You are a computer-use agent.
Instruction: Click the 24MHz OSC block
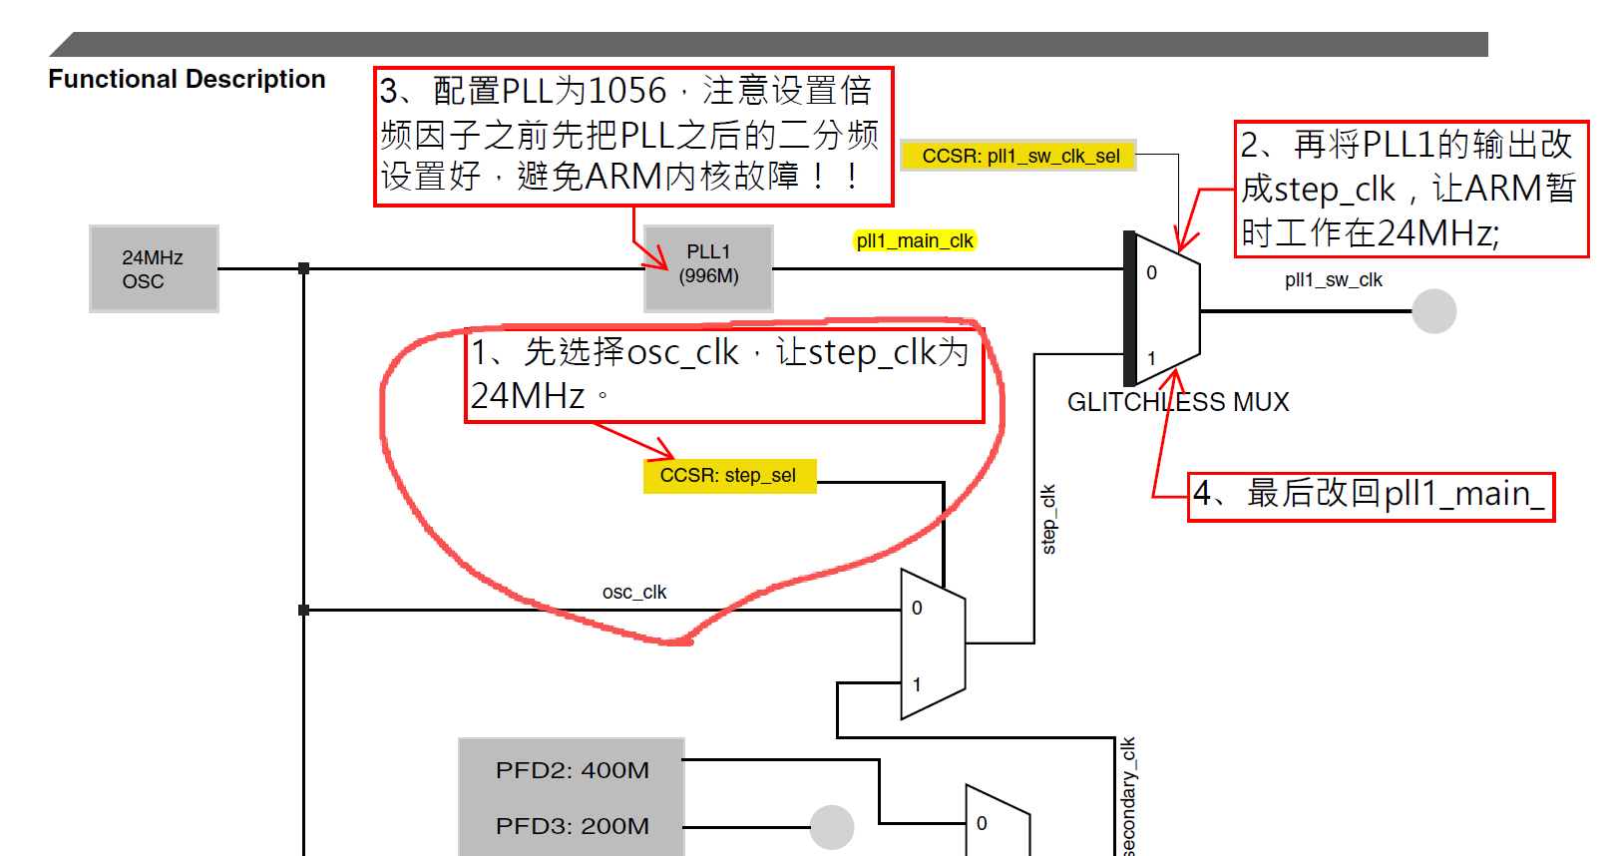click(x=154, y=269)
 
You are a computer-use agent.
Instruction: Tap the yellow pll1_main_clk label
click(x=915, y=240)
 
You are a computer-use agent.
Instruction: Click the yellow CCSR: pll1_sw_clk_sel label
click(x=1019, y=156)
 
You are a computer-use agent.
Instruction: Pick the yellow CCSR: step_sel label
click(x=729, y=476)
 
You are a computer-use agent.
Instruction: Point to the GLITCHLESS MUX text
click(x=1178, y=402)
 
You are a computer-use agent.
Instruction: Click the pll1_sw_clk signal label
click(x=1333, y=280)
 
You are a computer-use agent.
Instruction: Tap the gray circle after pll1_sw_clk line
click(x=1433, y=311)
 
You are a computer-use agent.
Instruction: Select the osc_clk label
click(x=634, y=592)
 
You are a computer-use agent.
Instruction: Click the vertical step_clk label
click(x=1048, y=519)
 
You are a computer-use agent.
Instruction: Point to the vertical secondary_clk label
click(x=1128, y=796)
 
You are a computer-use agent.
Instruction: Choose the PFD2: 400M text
click(x=572, y=770)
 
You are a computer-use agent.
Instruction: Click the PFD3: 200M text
click(x=572, y=826)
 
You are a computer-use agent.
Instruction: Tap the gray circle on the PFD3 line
click(x=831, y=827)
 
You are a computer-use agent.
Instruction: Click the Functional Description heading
click(x=187, y=79)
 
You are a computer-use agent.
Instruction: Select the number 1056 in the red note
click(x=626, y=91)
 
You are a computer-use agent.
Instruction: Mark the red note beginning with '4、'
click(x=1371, y=496)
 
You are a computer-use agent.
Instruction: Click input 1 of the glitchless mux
click(x=1151, y=357)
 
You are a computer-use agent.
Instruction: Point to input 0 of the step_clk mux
click(x=917, y=608)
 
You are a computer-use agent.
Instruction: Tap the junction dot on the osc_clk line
click(x=304, y=610)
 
